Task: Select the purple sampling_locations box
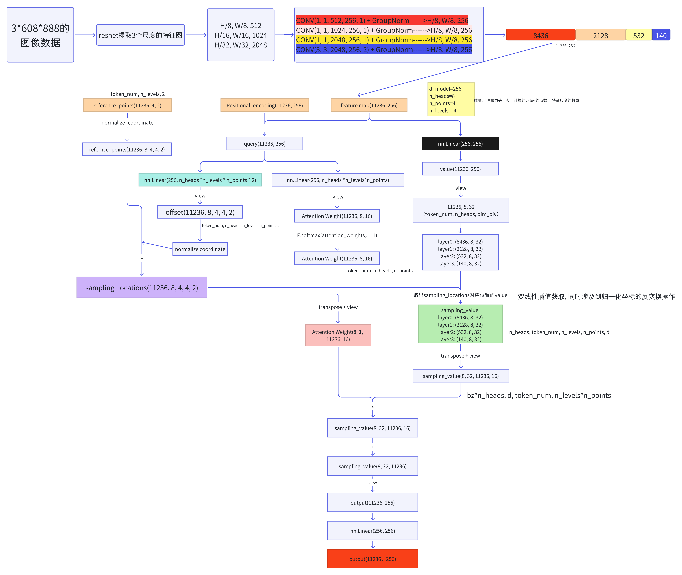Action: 142,288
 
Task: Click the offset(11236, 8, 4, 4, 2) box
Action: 200,212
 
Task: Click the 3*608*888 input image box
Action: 40,35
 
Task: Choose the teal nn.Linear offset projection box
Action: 200,180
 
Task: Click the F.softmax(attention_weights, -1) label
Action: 337,235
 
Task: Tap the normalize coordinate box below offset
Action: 200,249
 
